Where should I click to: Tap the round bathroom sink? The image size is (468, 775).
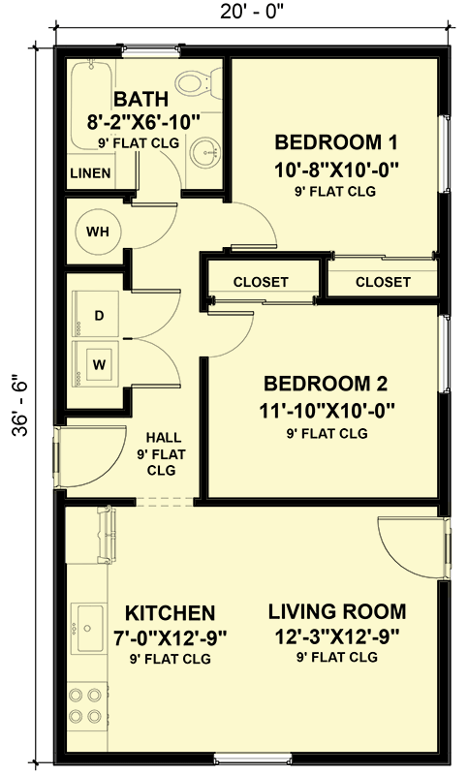[x=204, y=152]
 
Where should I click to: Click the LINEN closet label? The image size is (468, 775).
[x=90, y=173]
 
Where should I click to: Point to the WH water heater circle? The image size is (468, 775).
[x=98, y=232]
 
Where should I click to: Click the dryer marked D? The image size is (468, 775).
[x=96, y=315]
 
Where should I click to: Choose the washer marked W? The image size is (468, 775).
[x=96, y=364]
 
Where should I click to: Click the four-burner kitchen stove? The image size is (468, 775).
[x=86, y=705]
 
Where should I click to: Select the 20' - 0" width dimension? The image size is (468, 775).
[x=252, y=12]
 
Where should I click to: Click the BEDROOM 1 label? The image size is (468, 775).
[x=336, y=142]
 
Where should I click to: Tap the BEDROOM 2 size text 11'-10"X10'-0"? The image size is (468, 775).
[x=328, y=410]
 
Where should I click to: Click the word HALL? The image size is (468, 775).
[x=164, y=438]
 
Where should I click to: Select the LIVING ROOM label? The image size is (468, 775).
[x=337, y=611]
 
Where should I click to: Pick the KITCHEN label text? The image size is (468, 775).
[x=170, y=613]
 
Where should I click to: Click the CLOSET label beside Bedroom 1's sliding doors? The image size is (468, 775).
[x=383, y=282]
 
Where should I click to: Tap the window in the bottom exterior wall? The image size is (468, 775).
[x=253, y=759]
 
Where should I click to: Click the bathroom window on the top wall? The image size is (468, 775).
[x=149, y=49]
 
